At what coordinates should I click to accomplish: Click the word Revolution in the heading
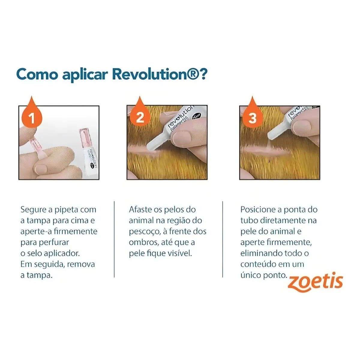155,74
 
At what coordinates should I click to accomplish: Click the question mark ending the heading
203,74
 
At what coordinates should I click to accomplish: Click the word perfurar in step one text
54,243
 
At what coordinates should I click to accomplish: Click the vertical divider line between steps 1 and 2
114,239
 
